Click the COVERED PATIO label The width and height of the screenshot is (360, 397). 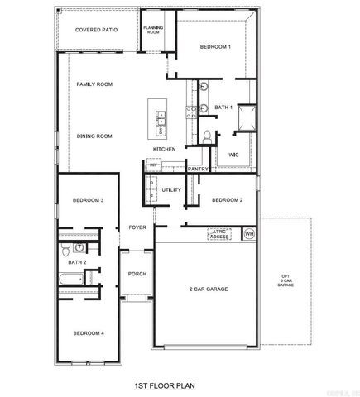tap(96, 30)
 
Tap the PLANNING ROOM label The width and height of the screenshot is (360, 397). tap(152, 30)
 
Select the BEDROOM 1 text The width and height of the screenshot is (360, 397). tap(215, 47)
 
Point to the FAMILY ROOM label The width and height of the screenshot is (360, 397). tap(95, 84)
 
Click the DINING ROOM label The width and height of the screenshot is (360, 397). tap(95, 136)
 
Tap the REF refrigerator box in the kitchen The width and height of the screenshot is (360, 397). tap(154, 165)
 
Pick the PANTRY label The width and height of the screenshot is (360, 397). tap(198, 169)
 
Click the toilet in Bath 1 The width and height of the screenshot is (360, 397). tap(205, 136)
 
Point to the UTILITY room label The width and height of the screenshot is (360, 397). tap(171, 189)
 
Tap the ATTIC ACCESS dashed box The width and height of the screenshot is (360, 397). tap(218, 234)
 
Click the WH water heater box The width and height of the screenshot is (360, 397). tap(249, 234)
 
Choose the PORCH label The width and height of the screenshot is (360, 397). tap(137, 276)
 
